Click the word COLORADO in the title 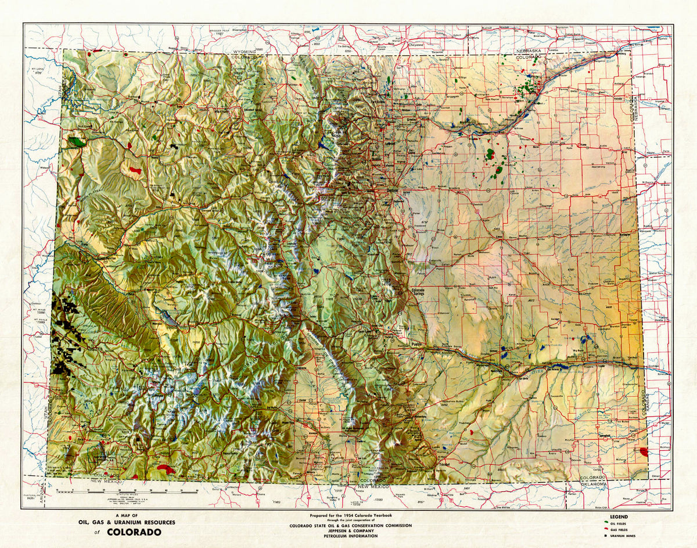134,532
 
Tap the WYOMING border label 243,52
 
